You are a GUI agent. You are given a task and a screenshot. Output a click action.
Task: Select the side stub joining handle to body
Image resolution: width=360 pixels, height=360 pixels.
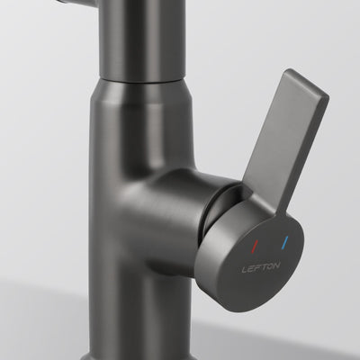[180, 198]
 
